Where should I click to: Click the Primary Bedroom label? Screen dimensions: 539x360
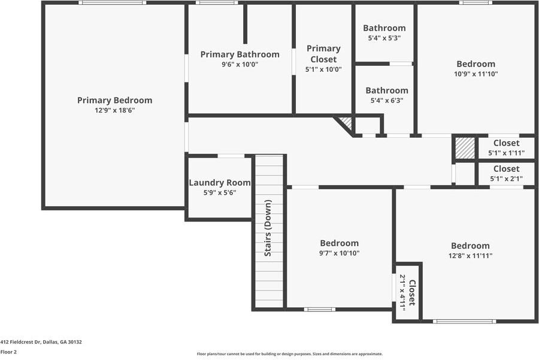point(114,101)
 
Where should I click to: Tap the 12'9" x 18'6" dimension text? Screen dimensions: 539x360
point(114,110)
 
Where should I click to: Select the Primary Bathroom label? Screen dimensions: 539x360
point(240,55)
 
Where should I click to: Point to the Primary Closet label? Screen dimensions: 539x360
point(323,54)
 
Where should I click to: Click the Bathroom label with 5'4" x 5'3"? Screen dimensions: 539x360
point(384,28)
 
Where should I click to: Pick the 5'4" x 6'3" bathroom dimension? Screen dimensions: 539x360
point(387,101)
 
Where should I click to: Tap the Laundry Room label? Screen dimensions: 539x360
point(220,183)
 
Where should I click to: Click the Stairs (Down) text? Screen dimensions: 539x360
point(268,228)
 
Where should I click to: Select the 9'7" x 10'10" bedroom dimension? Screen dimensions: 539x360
point(340,253)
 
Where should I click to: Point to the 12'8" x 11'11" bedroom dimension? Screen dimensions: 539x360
point(470,256)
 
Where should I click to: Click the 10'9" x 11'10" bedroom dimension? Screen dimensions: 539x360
point(476,74)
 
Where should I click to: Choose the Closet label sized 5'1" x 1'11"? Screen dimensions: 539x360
point(506,143)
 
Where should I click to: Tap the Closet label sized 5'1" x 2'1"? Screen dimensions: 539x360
point(506,169)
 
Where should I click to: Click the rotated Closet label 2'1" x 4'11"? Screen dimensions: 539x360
point(412,292)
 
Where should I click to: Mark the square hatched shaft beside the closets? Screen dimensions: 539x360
point(465,148)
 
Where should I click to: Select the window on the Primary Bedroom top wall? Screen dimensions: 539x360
point(113,3)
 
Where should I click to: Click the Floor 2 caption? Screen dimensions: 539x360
point(8,352)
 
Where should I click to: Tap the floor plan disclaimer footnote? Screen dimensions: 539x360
point(289,354)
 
